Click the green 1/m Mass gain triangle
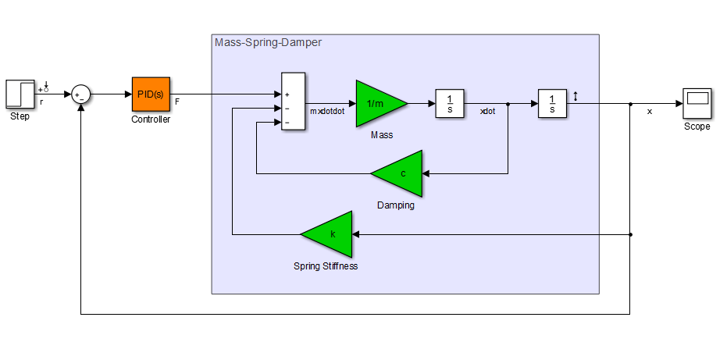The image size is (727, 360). pos(378,103)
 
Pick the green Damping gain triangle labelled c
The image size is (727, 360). pos(400,173)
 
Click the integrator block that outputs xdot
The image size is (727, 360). pos(450,103)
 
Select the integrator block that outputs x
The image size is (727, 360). pos(552,103)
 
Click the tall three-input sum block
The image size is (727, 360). pos(293,102)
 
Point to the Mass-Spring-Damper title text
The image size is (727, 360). pos(268,42)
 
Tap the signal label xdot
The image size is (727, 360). pos(487,111)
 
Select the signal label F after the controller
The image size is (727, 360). pos(177,102)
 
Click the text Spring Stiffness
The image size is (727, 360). pos(326,266)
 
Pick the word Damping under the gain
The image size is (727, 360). pos(396,205)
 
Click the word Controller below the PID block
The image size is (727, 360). pos(151,119)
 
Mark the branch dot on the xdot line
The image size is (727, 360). pos(508,103)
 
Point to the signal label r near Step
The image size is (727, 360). pos(41,102)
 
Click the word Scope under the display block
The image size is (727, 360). pos(697,127)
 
